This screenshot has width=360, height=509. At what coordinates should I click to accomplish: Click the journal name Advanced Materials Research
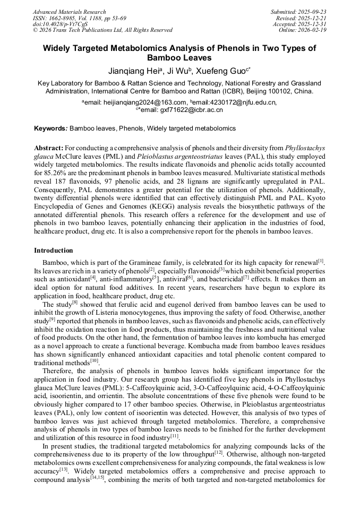click(x=69, y=12)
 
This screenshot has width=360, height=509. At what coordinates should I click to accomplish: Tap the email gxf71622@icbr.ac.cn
click(x=182, y=110)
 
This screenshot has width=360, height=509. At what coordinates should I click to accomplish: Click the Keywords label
click(x=50, y=128)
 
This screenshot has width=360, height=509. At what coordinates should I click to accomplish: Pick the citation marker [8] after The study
click(x=74, y=303)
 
